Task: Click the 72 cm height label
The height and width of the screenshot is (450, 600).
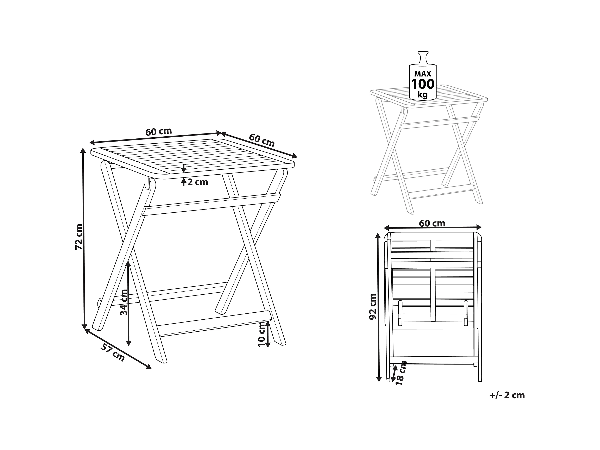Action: pos(79,237)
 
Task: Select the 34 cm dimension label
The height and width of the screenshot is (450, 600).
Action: pos(124,302)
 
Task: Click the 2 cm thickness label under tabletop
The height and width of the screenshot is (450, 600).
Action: pos(198,182)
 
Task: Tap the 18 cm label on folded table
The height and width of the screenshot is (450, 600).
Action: pos(401,373)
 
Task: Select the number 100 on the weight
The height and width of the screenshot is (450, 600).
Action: pos(423,84)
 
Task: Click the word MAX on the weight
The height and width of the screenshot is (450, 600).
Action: pos(423,74)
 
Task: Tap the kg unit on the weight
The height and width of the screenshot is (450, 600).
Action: pos(423,95)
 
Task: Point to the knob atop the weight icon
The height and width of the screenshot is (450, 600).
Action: pos(423,57)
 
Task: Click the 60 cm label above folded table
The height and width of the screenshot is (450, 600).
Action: pos(432,223)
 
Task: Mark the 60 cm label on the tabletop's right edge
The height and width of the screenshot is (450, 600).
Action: pos(262,140)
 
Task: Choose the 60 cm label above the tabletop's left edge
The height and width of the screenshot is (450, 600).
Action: pos(159,132)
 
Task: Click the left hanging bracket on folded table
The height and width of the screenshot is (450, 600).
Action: pos(400,313)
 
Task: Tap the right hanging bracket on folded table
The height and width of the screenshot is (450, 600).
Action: pos(466,313)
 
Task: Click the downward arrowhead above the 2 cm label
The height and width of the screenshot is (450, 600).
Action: pos(184,170)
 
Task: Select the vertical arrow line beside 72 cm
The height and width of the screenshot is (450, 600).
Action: pos(84,239)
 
